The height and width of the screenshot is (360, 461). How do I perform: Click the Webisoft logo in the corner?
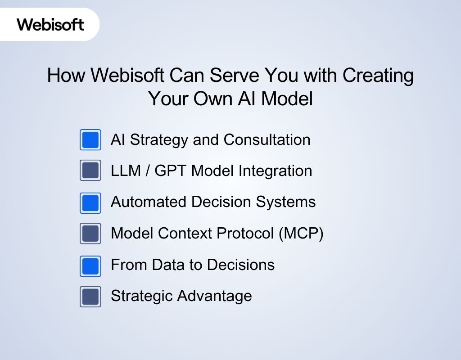pos(50,24)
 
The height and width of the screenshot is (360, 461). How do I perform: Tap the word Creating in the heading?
pos(378,75)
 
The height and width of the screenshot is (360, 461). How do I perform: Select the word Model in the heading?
pos(287,99)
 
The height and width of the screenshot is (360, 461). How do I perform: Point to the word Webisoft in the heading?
pos(127,75)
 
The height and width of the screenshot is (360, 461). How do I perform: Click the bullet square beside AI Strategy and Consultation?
pos(90,139)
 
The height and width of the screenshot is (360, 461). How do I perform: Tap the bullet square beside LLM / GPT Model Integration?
pos(90,171)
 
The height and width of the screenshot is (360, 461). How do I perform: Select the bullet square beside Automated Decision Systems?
pos(90,202)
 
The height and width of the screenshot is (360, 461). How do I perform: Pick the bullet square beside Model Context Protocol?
pos(90,233)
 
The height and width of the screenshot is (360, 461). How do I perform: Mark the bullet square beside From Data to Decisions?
pos(90,265)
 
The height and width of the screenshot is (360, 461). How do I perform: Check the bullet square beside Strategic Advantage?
pos(90,297)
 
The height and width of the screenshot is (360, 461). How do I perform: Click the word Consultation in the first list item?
pos(267,139)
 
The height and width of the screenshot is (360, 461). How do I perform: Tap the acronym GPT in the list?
pos(171,171)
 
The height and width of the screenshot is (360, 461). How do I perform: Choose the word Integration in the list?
pos(275,171)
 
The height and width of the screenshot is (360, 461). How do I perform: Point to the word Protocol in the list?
pos(246,233)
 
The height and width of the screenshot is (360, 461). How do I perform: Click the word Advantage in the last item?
pos(214,296)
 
